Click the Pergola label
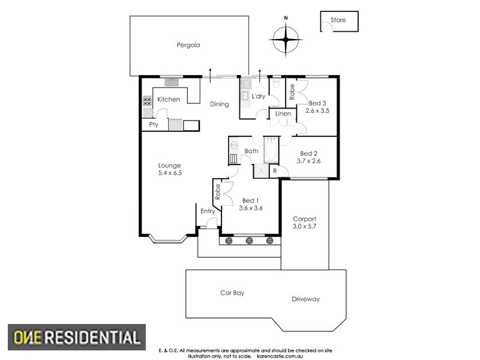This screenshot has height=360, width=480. (188, 44)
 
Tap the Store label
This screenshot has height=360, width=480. (338, 20)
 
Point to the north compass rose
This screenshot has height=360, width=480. (286, 40)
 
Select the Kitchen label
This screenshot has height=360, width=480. (169, 99)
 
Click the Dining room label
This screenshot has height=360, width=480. (220, 104)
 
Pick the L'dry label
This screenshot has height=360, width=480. (259, 97)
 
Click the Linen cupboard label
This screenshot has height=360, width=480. (283, 113)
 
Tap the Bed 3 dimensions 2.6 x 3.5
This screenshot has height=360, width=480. (319, 110)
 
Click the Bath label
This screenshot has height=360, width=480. (251, 151)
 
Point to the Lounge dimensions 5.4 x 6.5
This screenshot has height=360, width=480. (170, 173)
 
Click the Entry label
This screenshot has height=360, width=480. (208, 211)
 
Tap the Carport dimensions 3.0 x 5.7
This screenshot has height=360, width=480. (304, 227)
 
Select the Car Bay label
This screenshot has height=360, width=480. (232, 293)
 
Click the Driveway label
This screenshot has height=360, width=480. (306, 299)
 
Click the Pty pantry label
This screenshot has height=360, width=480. (154, 125)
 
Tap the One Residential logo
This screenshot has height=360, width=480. (75, 337)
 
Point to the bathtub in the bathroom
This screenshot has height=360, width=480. (270, 150)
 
